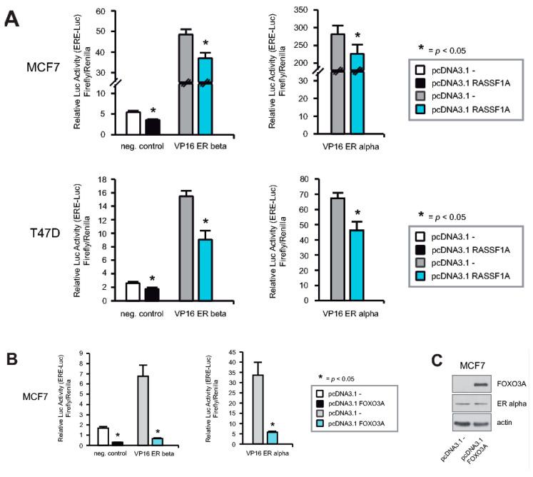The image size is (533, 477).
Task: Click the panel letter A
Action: tap(13, 19)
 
